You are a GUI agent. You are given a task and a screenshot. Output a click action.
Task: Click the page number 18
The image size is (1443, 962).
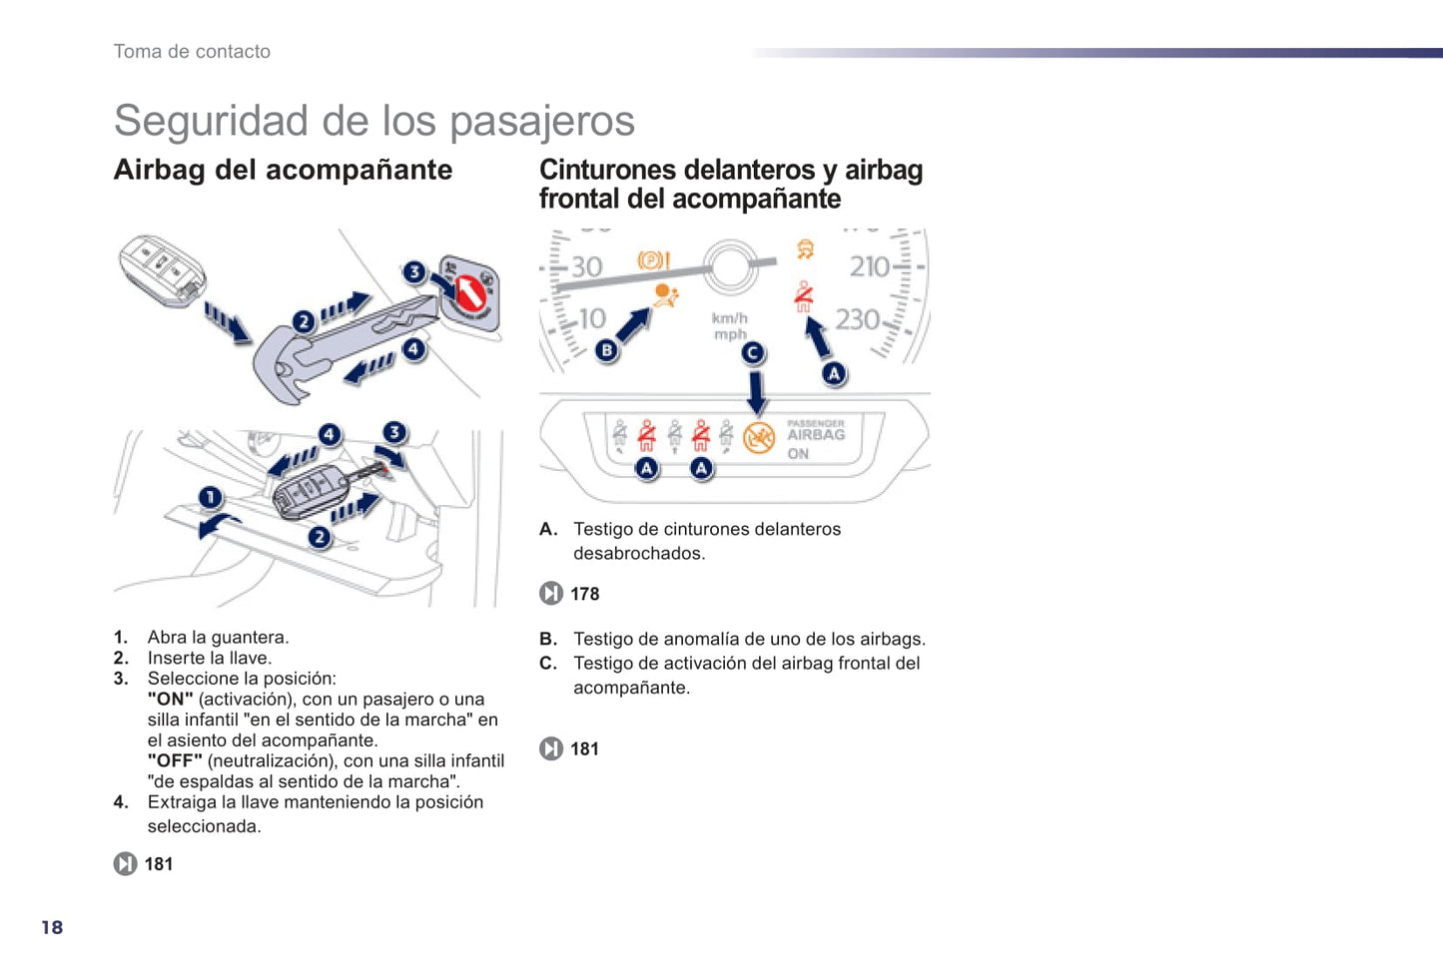[x=52, y=927]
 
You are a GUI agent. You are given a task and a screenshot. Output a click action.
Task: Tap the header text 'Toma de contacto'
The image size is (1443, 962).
[x=192, y=52]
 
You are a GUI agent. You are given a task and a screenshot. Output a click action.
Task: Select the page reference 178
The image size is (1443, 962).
[x=584, y=594]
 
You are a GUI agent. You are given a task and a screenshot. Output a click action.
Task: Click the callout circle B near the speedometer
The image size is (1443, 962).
[x=606, y=350]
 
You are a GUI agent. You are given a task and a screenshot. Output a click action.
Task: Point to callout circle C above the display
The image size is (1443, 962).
[x=753, y=352]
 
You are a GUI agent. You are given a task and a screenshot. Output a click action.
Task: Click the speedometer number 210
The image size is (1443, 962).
[x=869, y=266]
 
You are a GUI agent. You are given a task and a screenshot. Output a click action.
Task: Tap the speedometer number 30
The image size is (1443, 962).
[x=586, y=266]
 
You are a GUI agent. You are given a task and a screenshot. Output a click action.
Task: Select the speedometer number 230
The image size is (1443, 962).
[x=857, y=319]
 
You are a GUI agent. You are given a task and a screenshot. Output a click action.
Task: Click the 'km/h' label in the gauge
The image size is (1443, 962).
[x=729, y=318]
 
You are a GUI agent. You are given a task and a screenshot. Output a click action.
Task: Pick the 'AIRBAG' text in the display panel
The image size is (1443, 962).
[x=816, y=435]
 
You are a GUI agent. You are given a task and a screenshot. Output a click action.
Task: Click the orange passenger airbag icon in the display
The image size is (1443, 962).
[x=759, y=438]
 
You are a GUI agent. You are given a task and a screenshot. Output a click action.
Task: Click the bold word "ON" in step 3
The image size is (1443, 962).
[x=170, y=700]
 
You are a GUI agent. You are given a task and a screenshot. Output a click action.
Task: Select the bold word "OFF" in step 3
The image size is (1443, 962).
[x=175, y=761]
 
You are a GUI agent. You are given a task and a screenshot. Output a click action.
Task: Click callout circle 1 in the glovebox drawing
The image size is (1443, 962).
[x=210, y=497]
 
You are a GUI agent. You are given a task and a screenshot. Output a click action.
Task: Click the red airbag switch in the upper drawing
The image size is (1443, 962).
[x=468, y=292]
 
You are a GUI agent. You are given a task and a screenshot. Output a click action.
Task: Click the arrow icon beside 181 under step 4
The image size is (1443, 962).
[x=125, y=864]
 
